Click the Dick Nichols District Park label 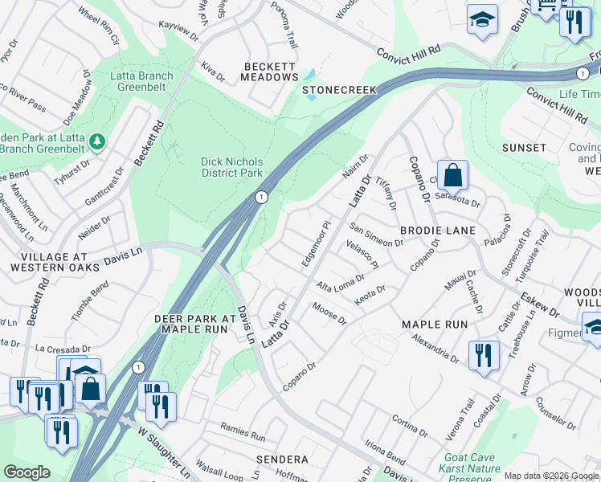[x=231, y=167]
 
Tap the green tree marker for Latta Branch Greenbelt [x=97, y=142]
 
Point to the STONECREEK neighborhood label [x=339, y=91]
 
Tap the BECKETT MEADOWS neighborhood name [x=269, y=71]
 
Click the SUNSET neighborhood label [x=524, y=149]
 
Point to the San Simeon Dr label [x=375, y=242]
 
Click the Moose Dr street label [x=329, y=314]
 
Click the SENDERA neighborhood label [x=282, y=460]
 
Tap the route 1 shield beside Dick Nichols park [x=261, y=197]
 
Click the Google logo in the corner [x=27, y=472]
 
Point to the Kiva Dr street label [x=214, y=72]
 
